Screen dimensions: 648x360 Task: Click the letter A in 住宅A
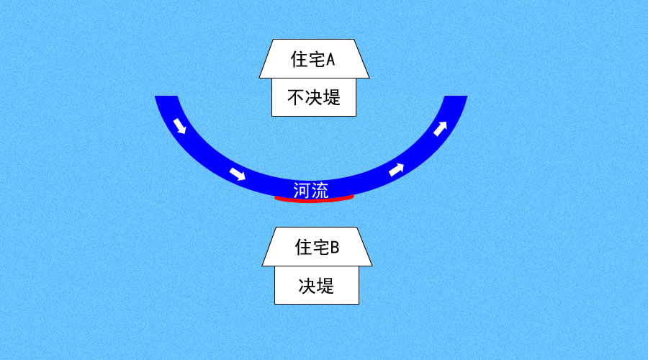(x=330, y=60)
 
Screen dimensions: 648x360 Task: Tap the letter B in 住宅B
(x=335, y=248)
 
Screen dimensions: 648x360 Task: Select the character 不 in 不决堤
(x=296, y=98)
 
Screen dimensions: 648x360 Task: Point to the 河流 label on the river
(x=311, y=191)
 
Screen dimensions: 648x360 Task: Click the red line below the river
(x=314, y=199)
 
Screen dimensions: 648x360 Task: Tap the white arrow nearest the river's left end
(x=180, y=126)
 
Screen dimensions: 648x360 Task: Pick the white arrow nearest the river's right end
(x=440, y=129)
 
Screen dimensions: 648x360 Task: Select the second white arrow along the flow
(x=237, y=174)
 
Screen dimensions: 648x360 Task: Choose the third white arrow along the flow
(x=396, y=169)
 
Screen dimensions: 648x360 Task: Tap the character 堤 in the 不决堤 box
(x=332, y=98)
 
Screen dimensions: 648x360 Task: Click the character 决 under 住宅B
(x=307, y=286)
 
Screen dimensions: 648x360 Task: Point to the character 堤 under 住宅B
(x=325, y=286)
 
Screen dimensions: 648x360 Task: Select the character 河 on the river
(x=302, y=191)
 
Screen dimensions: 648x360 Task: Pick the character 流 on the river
(x=320, y=191)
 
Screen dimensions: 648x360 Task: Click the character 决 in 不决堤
(x=314, y=98)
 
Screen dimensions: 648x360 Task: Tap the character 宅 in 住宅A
(x=317, y=60)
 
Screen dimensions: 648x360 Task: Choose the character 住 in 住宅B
(x=303, y=248)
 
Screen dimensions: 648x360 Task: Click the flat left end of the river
(x=166, y=96)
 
